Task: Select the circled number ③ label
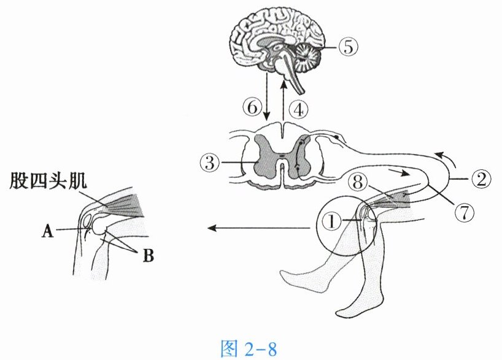pos(209,163)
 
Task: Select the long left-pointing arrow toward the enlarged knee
pos(258,228)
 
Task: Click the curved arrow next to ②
pos(447,158)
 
